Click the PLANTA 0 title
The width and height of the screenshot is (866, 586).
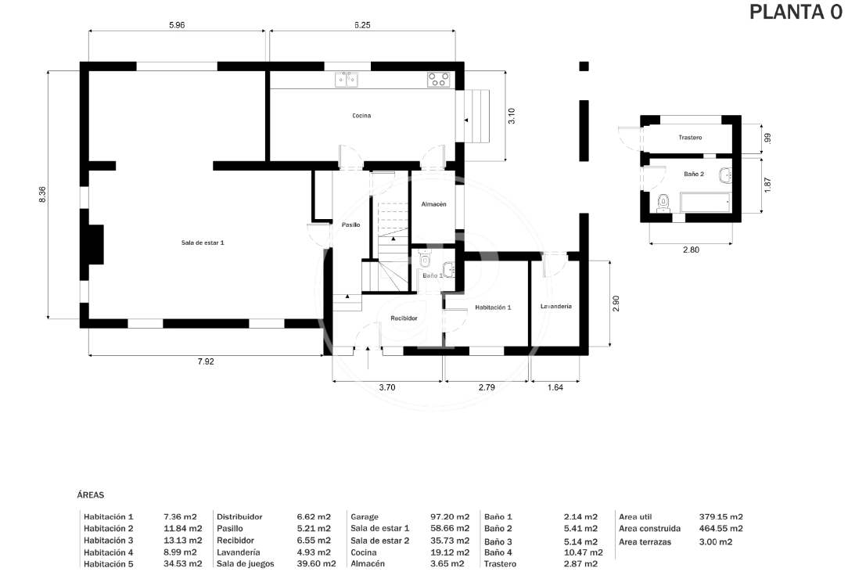[x=796, y=12]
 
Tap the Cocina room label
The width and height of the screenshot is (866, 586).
[x=361, y=116]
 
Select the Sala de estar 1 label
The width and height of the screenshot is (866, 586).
[x=203, y=243]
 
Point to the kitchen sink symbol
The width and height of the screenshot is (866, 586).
[x=347, y=80]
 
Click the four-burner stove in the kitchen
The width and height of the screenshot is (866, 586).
[x=439, y=80]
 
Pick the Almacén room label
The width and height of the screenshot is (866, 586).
[x=433, y=204]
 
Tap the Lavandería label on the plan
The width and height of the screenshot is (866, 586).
[x=555, y=307]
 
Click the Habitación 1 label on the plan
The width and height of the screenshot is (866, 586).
[x=493, y=307]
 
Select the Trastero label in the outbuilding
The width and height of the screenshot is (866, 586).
[x=690, y=138]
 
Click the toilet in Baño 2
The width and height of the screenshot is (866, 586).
[x=663, y=203]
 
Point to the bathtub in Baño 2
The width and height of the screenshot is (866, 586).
[x=706, y=202]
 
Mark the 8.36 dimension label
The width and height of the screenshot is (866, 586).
[x=42, y=194]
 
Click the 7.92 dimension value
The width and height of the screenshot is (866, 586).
[x=206, y=361]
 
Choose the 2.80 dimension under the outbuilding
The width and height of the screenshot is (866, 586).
[x=691, y=250]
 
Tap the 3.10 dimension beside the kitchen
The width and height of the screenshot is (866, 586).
[x=512, y=116]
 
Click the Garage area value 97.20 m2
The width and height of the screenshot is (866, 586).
[x=450, y=517]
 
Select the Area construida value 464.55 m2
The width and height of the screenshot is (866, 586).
[x=720, y=529]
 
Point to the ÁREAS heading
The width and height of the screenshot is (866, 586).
[x=91, y=495]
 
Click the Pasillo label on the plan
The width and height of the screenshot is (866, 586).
[x=350, y=225]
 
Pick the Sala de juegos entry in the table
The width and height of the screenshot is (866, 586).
[x=245, y=564]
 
